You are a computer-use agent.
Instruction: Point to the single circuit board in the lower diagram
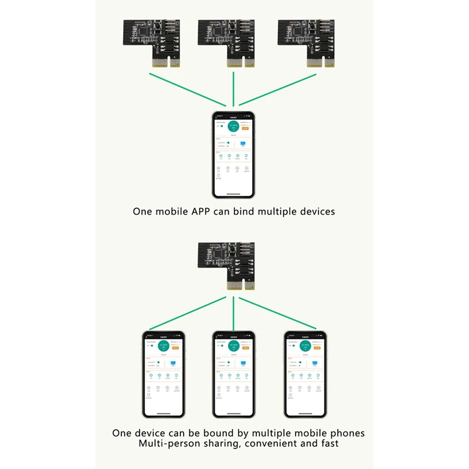point(231,264)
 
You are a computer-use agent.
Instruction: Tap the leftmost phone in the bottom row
point(164,374)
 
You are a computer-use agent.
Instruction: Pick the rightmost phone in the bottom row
point(305,374)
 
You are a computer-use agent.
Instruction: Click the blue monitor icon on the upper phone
point(242,142)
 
